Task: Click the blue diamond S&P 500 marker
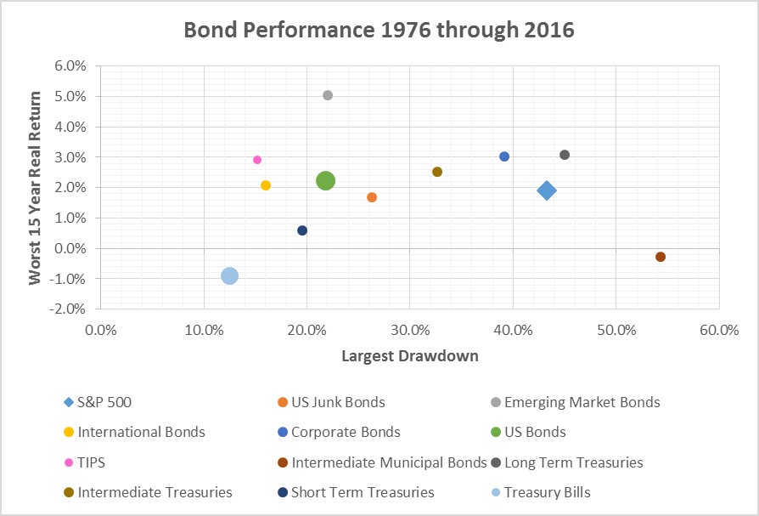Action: [x=547, y=190]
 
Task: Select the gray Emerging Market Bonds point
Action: [x=328, y=95]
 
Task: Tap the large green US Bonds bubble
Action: [x=325, y=180]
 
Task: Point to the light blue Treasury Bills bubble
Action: [x=229, y=275]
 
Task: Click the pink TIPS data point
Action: [x=257, y=160]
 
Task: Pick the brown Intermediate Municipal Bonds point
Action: [x=661, y=257]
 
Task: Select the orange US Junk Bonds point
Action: [x=372, y=197]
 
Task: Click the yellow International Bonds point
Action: [x=266, y=185]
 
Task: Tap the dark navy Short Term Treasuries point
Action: [x=302, y=230]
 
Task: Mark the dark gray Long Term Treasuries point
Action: [x=565, y=155]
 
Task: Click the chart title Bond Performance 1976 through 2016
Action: [x=379, y=31]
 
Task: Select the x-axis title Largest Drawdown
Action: [x=410, y=355]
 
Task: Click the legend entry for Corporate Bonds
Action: [x=345, y=432]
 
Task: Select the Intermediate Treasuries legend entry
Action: [x=155, y=492]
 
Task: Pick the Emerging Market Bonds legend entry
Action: [x=582, y=402]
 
